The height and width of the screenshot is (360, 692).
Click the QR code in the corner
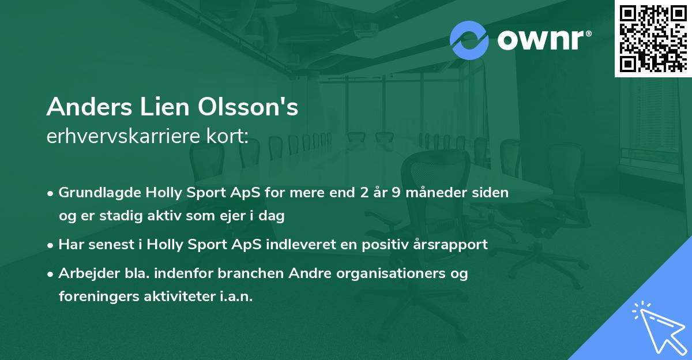tap(653, 38)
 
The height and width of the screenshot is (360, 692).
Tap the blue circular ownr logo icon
tap(469, 40)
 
